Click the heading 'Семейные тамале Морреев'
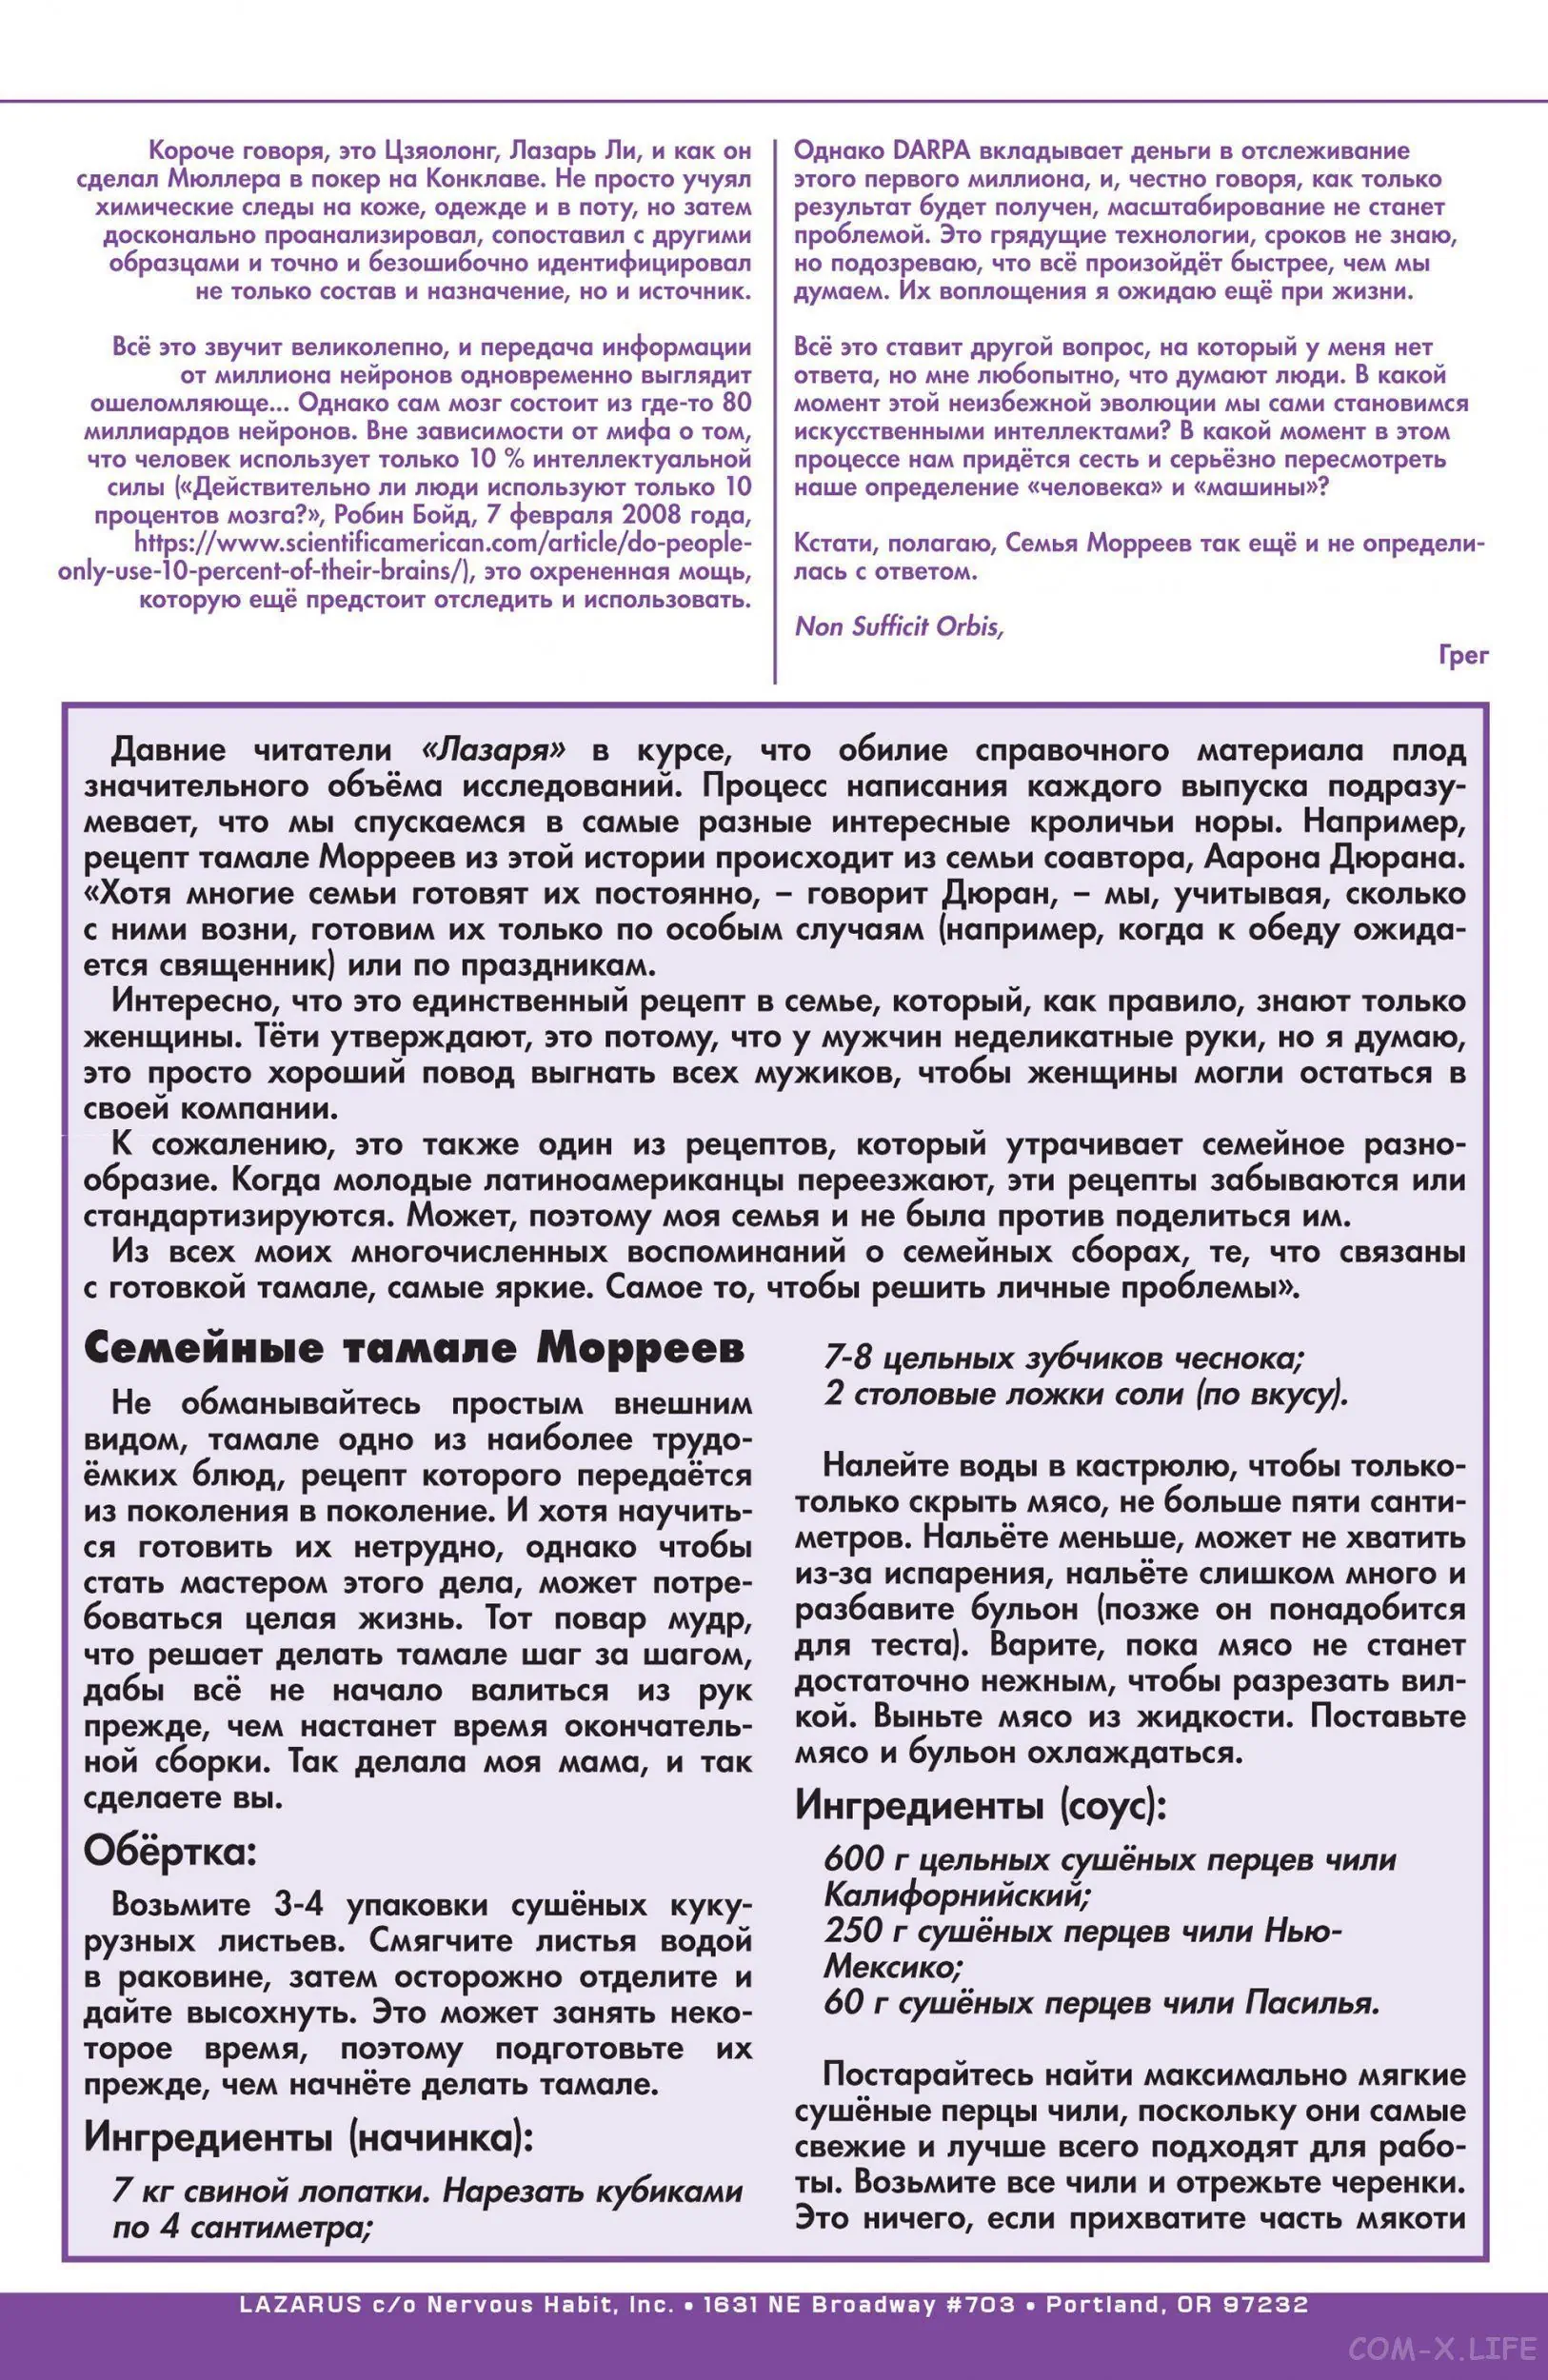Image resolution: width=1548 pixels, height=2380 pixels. [x=414, y=1349]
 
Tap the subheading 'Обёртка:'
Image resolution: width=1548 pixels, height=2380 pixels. [x=170, y=1852]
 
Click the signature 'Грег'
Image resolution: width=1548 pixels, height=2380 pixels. [x=1464, y=655]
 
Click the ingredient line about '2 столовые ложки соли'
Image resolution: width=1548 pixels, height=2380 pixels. [x=1085, y=1395]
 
